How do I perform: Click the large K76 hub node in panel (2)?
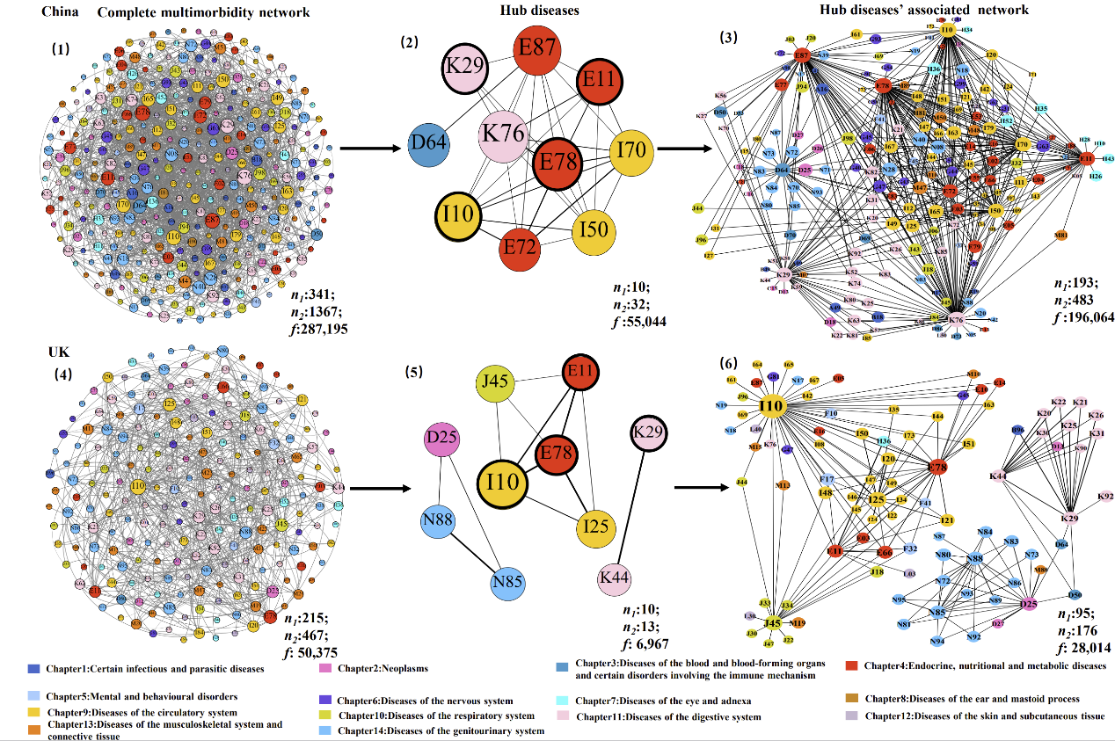point(507,137)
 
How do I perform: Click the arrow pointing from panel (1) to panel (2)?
point(363,149)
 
